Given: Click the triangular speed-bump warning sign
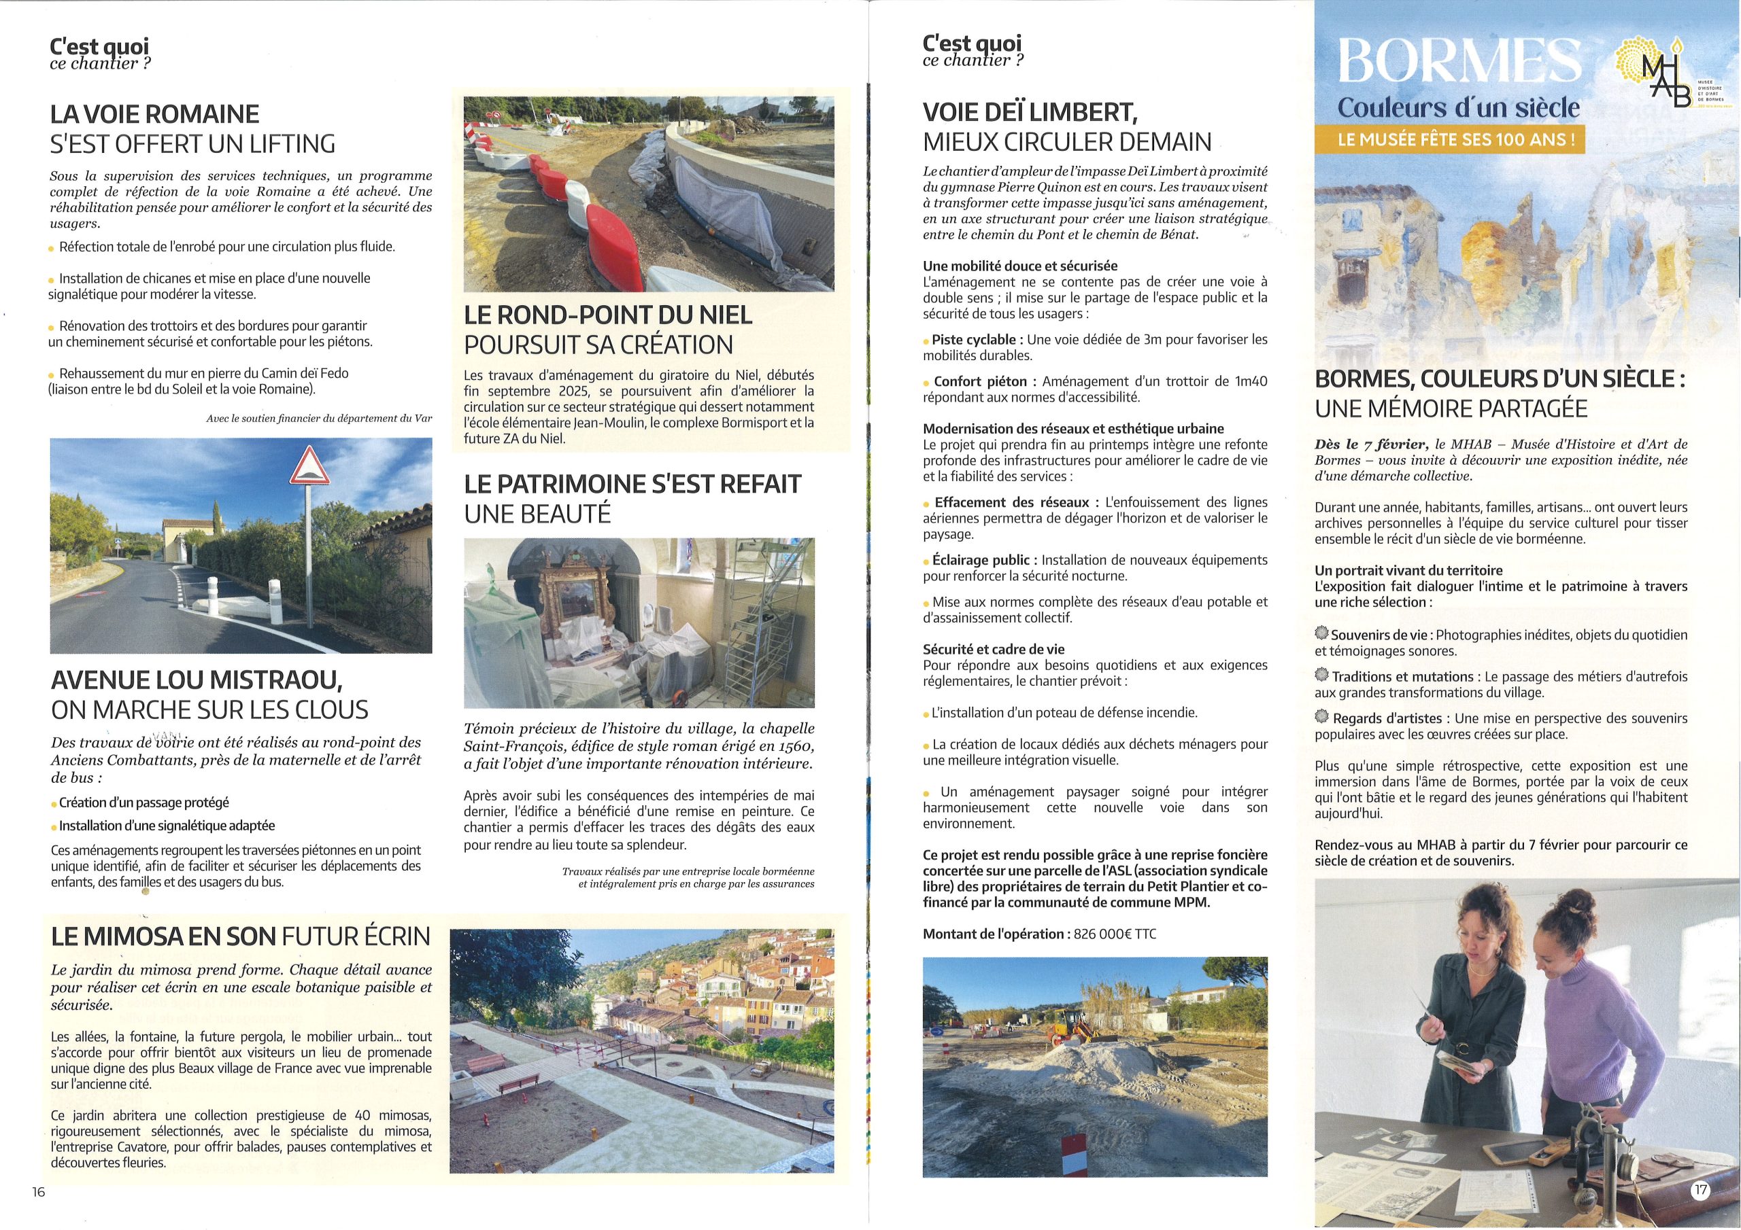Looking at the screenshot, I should pos(309,467).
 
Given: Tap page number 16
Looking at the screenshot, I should pos(39,1192).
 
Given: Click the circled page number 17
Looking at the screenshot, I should pos(1701,1190).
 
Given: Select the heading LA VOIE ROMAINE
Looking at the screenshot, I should pos(154,114).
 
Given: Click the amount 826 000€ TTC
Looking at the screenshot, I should pos(1115,934).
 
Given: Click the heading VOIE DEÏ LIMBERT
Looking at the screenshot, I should pos(1030,113).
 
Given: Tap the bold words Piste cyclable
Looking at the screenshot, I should pos(974,340).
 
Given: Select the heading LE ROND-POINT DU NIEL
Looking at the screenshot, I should pos(607,315).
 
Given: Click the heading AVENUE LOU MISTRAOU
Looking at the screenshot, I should pos(197,680).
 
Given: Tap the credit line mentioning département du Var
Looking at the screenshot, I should pos(318,419).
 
